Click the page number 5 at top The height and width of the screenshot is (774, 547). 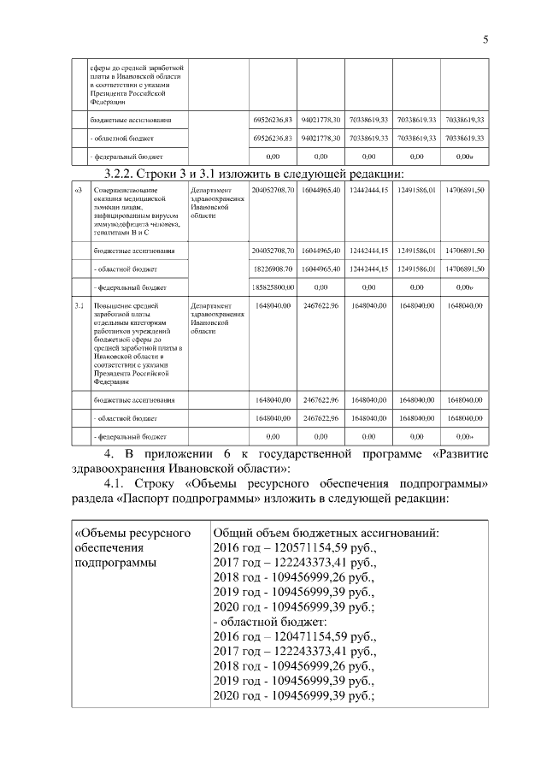click(485, 38)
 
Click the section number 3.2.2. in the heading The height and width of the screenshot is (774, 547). click(113, 174)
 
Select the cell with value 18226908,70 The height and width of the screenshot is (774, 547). click(273, 269)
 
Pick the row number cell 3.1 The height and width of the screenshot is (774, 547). click(78, 304)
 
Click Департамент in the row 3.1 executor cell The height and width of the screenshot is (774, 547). click(210, 304)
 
